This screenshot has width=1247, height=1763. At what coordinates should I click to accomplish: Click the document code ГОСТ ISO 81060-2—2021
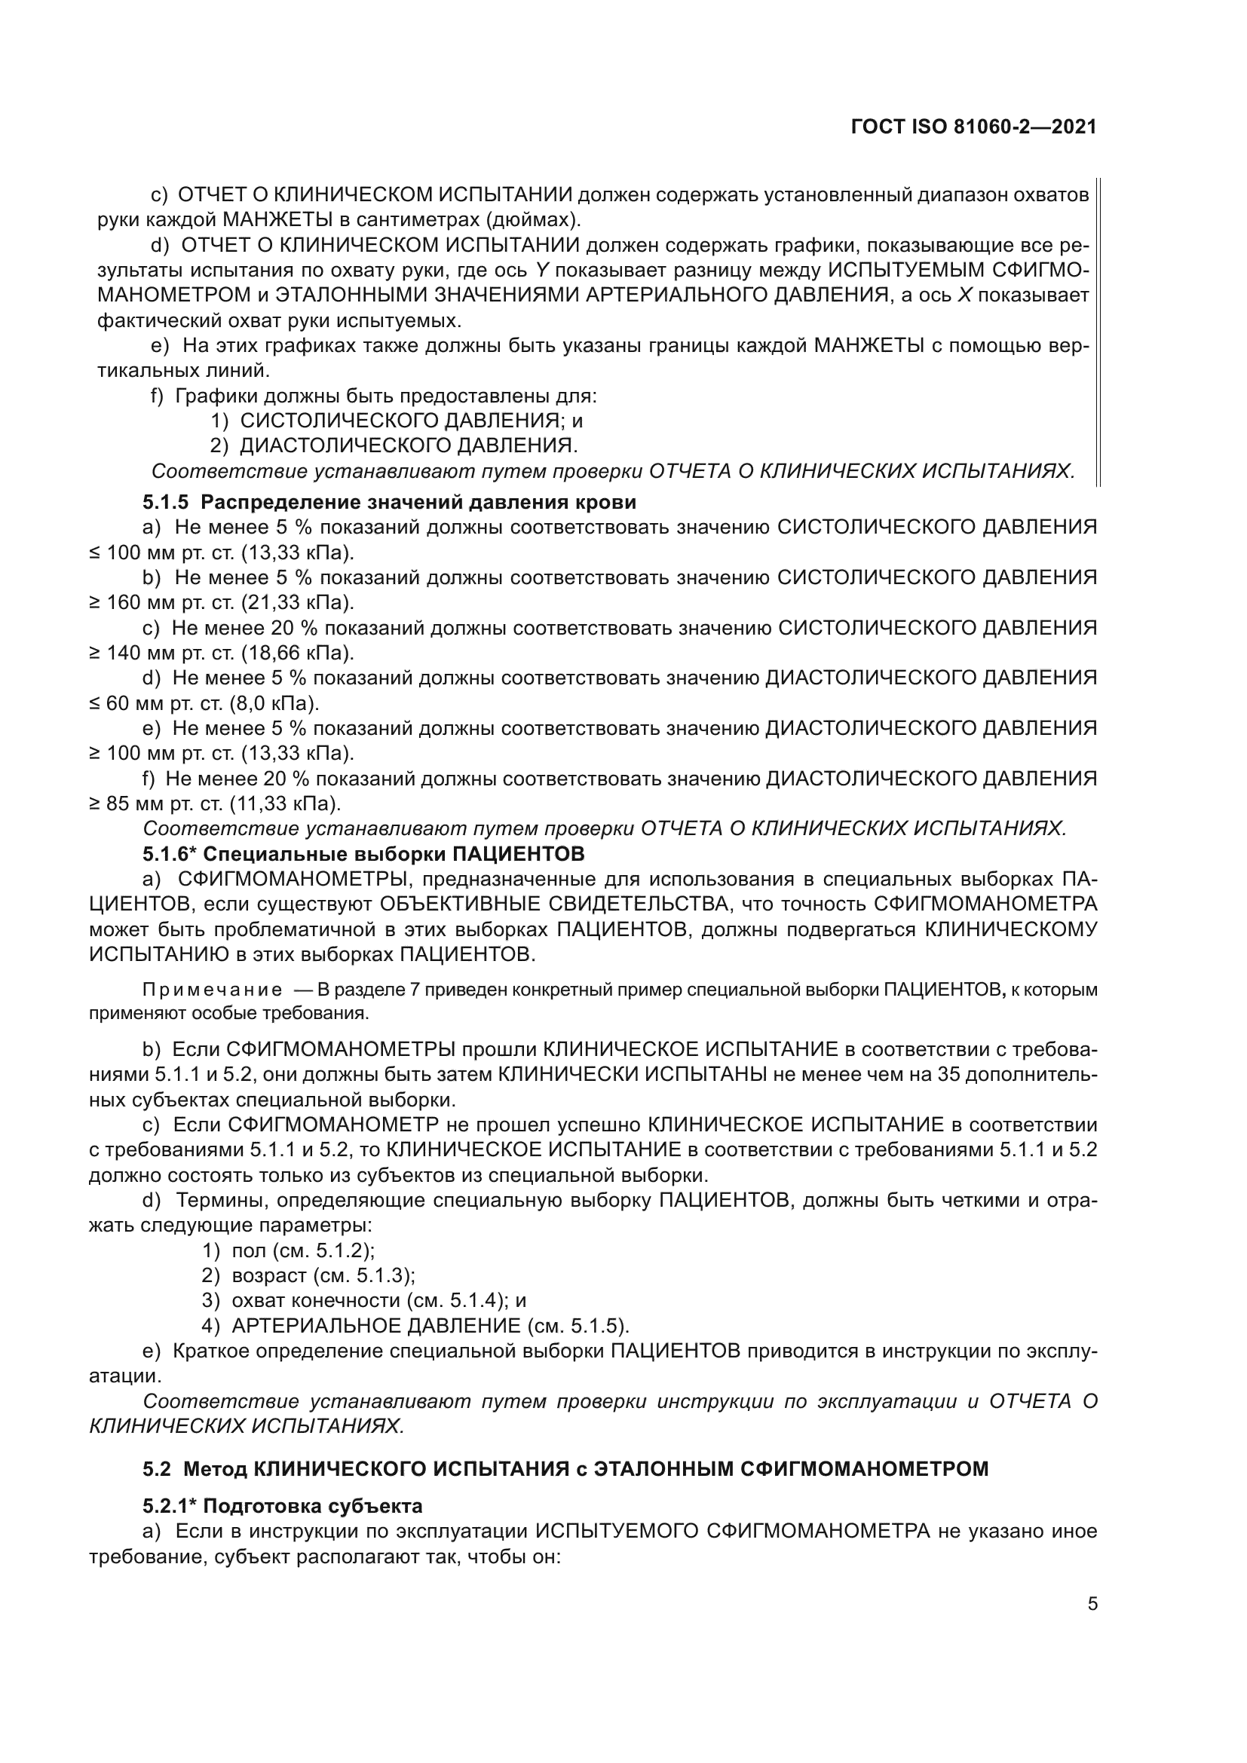pyautogui.click(x=973, y=127)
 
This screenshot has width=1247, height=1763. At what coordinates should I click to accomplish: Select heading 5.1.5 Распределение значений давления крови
pyautogui.click(x=389, y=502)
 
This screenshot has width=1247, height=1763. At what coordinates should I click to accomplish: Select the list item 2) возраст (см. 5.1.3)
pyautogui.click(x=308, y=1275)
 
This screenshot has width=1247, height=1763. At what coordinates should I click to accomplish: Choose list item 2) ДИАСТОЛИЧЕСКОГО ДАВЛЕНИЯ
pyautogui.click(x=393, y=445)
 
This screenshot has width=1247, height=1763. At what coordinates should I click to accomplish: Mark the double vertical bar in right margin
pyautogui.click(x=1098, y=331)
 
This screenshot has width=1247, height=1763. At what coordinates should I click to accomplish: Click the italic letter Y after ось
pyautogui.click(x=540, y=271)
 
